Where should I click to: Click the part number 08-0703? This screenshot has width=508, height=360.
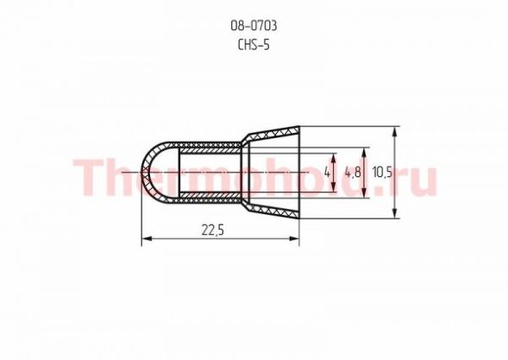254,26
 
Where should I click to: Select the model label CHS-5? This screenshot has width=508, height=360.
254,45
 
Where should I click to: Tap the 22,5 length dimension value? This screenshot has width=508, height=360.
213,231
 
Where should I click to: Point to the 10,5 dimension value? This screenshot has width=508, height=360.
382,172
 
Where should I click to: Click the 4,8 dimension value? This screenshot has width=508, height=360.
353,172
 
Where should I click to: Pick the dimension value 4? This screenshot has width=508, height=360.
327,172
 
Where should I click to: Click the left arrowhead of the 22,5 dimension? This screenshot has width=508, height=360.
147,238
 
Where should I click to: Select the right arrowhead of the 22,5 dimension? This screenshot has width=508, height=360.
294,238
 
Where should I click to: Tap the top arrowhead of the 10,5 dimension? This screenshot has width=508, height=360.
395,132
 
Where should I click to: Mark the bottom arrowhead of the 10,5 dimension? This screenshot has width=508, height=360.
395,212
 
